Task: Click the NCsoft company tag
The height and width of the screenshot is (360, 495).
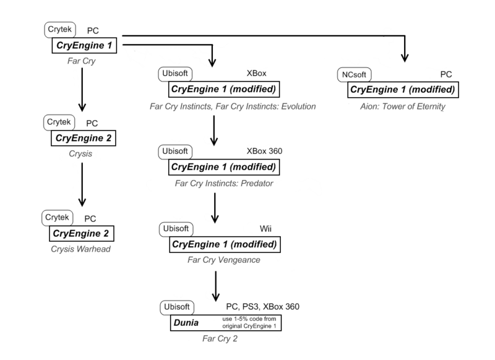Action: (356, 74)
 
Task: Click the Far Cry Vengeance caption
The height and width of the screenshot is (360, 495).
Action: (223, 260)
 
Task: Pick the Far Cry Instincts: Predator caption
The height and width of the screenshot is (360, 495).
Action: (223, 183)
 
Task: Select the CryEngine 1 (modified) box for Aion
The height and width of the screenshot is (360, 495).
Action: (403, 90)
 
